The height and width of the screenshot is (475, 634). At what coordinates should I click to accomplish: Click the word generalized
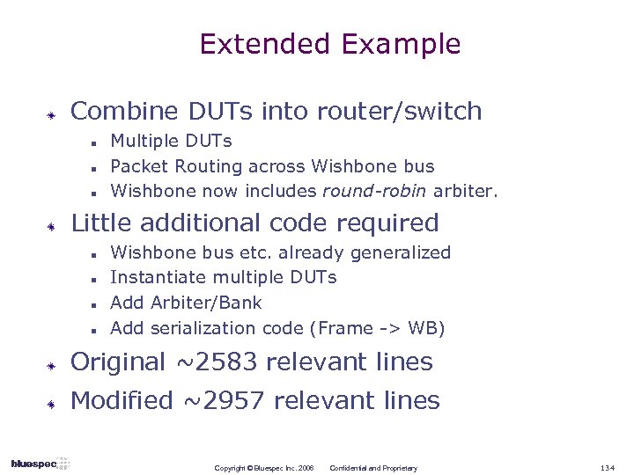click(x=401, y=252)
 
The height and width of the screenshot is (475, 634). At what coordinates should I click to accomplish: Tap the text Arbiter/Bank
click(x=207, y=303)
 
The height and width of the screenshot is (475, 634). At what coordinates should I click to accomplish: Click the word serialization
click(x=204, y=328)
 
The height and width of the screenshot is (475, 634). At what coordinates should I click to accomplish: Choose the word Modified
click(x=122, y=401)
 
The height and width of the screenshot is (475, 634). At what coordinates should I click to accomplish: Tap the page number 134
click(x=608, y=468)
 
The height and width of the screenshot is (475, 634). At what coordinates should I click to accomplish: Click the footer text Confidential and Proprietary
click(x=373, y=468)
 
